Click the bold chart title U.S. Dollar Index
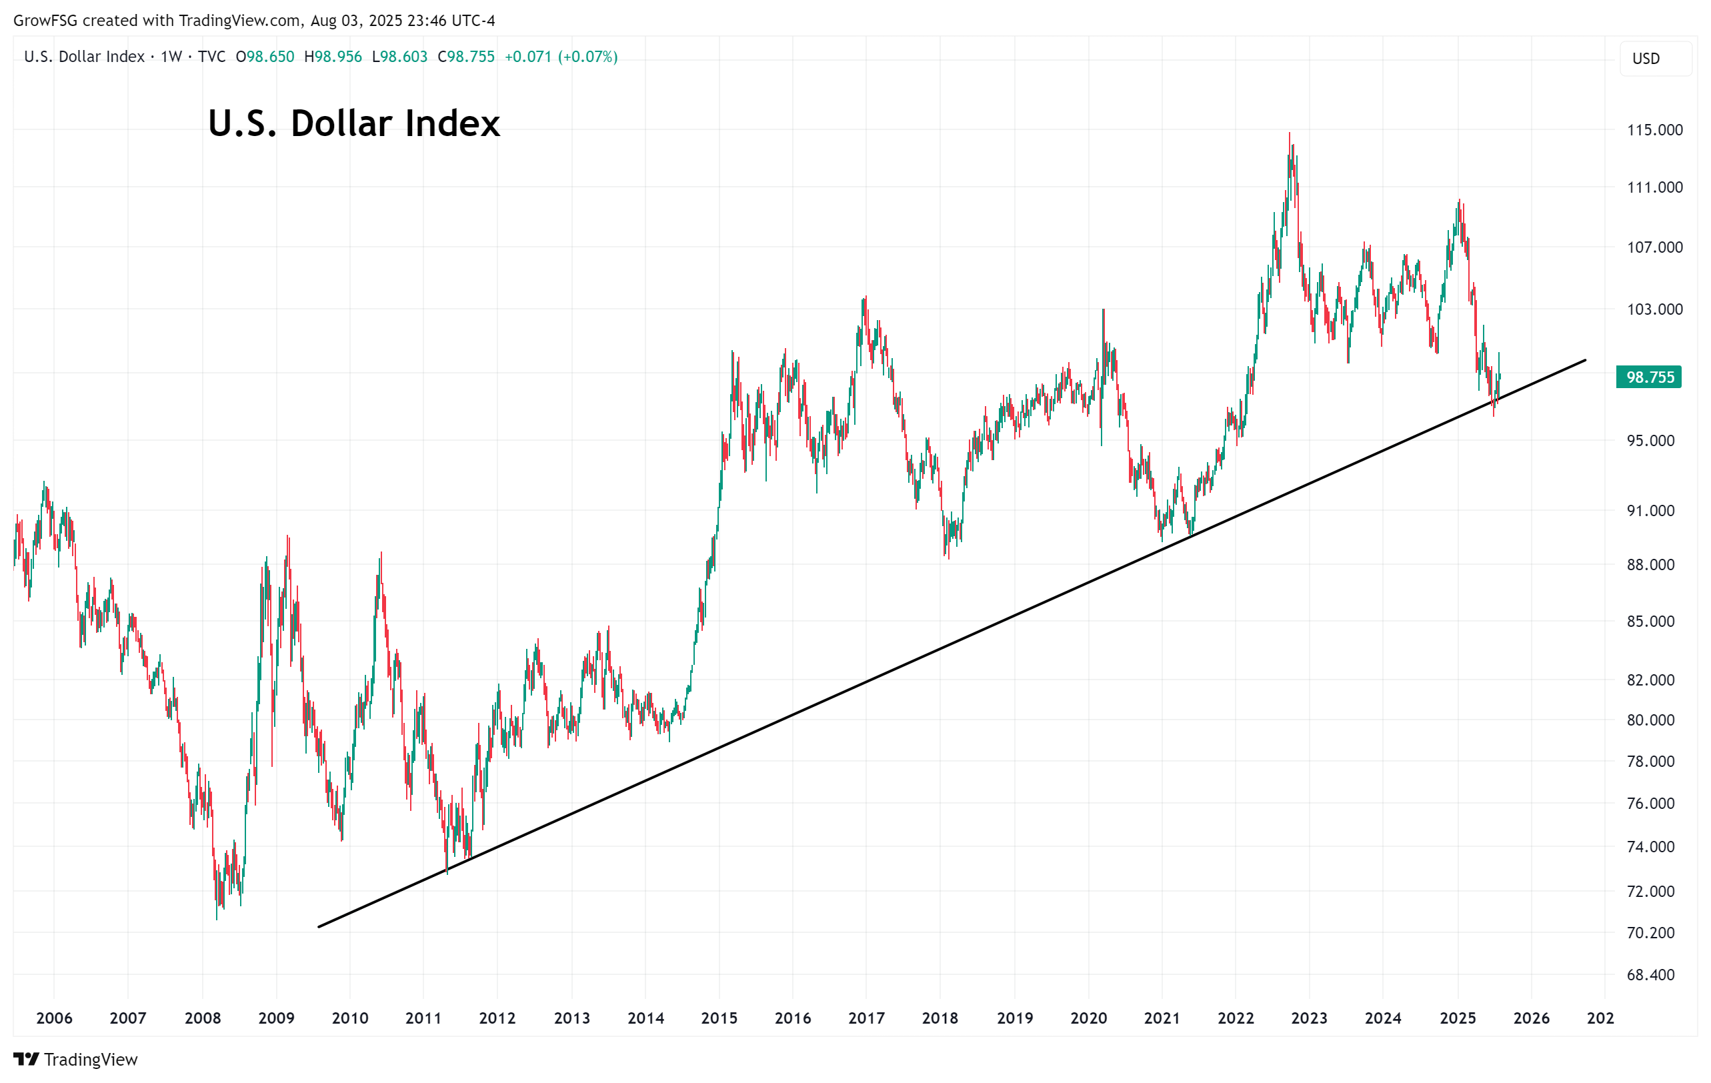click(x=354, y=123)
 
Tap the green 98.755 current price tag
click(x=1649, y=377)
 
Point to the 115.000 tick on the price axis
click(x=1654, y=130)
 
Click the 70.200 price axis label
click(x=1650, y=932)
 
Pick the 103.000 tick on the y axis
click(x=1654, y=309)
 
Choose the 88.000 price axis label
click(x=1650, y=564)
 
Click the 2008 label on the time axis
click(x=203, y=1018)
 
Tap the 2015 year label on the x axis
click(x=719, y=1018)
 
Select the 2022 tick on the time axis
click(x=1236, y=1018)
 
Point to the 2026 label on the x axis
click(x=1531, y=1018)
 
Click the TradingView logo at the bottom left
click(x=75, y=1060)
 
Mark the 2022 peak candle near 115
click(x=1290, y=135)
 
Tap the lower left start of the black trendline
click(x=319, y=927)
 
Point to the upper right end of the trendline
click(x=1585, y=360)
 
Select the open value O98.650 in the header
click(x=265, y=57)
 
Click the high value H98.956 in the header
click(x=333, y=57)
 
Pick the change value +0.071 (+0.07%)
click(x=561, y=57)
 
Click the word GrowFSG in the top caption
click(x=45, y=21)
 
